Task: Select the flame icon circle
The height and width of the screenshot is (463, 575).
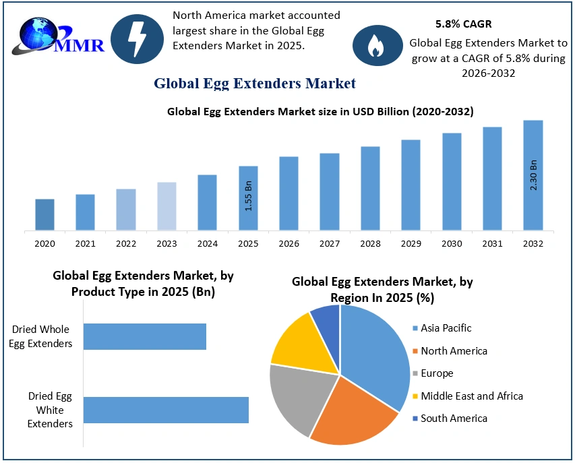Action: [374, 44]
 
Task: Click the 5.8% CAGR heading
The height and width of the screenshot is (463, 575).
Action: [463, 24]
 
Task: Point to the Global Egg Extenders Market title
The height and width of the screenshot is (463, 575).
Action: [254, 84]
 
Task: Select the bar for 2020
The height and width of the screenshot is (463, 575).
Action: [44, 214]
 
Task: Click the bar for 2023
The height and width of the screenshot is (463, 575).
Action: [167, 206]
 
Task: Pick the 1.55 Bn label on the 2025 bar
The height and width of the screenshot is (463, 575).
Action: [248, 196]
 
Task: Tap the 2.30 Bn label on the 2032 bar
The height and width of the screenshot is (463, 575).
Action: [533, 175]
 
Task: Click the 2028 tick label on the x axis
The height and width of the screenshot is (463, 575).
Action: [370, 244]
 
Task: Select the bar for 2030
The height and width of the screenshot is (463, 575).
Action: [452, 181]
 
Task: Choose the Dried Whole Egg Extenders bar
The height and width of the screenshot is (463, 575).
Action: [145, 336]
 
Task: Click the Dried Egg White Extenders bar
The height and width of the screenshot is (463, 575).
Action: [166, 410]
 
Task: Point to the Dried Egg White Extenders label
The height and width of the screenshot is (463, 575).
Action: [51, 410]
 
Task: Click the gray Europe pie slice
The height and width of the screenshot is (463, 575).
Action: [301, 398]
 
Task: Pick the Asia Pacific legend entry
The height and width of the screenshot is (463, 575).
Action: [446, 328]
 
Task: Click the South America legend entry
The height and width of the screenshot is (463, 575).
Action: [453, 419]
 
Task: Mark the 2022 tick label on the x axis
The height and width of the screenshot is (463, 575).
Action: [126, 244]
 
